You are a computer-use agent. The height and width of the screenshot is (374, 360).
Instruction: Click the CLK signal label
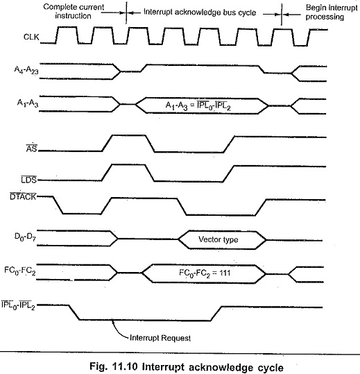31,37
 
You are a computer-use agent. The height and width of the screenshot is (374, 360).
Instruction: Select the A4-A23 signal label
26,70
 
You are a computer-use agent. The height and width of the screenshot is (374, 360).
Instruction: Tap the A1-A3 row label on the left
28,103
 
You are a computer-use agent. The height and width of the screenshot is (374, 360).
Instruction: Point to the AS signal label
32,148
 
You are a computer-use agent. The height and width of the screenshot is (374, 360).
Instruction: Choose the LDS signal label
29,179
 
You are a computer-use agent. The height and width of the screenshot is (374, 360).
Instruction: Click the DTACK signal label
23,196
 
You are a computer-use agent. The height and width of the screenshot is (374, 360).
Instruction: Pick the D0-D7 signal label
25,237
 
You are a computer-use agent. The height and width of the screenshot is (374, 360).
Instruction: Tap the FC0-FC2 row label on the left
20,271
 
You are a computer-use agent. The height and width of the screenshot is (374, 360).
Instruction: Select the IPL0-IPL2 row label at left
18,305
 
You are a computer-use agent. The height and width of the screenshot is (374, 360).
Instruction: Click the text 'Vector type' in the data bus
218,239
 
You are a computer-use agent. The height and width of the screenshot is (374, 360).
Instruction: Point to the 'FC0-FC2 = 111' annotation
205,273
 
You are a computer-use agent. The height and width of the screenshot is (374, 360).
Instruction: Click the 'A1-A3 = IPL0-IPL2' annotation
198,105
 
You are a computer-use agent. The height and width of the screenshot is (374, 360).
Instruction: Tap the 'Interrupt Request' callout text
160,338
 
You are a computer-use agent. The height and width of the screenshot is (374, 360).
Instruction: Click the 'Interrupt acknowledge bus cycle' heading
200,12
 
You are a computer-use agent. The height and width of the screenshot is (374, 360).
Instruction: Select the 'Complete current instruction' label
74,11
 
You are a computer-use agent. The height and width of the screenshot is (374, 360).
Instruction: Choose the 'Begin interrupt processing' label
332,12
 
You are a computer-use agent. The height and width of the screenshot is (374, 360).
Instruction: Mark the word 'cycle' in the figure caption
269,367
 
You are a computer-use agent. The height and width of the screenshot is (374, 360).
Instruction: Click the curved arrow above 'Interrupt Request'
119,330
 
